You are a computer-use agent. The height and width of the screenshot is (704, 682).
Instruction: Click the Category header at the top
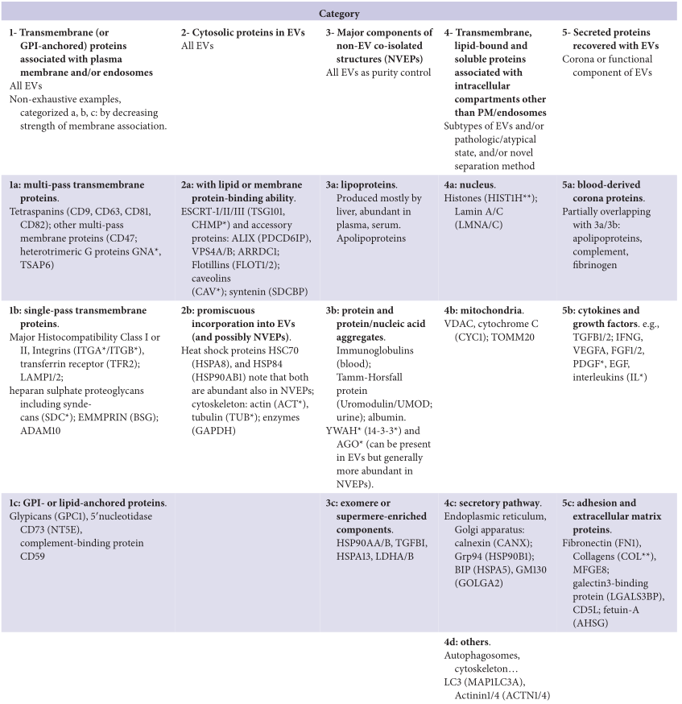(x=341, y=13)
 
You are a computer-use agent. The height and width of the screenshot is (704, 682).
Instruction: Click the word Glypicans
(x=32, y=514)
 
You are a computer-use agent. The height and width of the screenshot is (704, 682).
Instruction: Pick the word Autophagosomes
(x=485, y=656)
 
